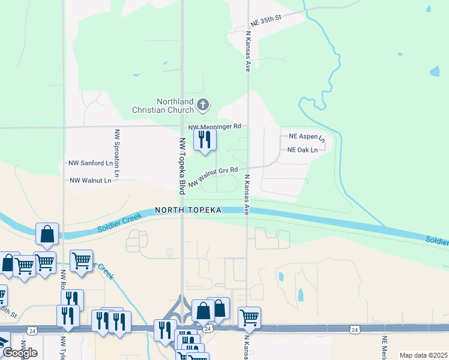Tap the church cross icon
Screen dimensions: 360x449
(203, 106)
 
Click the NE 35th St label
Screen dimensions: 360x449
(267, 20)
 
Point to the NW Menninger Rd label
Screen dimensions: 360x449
(214, 127)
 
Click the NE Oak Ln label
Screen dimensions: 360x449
(303, 150)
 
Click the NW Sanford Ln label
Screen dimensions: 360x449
(91, 163)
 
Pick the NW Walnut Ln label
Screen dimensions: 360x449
(91, 180)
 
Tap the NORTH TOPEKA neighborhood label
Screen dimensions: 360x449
(188, 210)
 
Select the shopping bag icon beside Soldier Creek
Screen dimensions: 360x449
(47, 233)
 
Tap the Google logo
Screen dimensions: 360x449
(19, 353)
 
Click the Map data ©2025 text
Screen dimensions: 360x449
(423, 355)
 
